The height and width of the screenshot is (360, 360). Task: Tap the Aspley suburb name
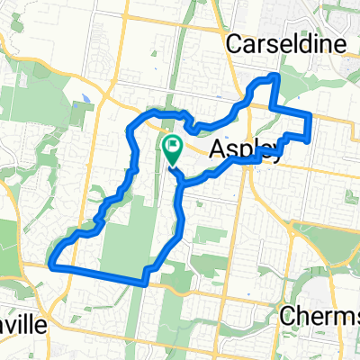point(247,151)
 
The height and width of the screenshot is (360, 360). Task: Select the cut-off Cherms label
point(319,316)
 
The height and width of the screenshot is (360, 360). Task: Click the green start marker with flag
point(172,146)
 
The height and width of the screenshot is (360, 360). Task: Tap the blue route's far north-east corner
point(310,115)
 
